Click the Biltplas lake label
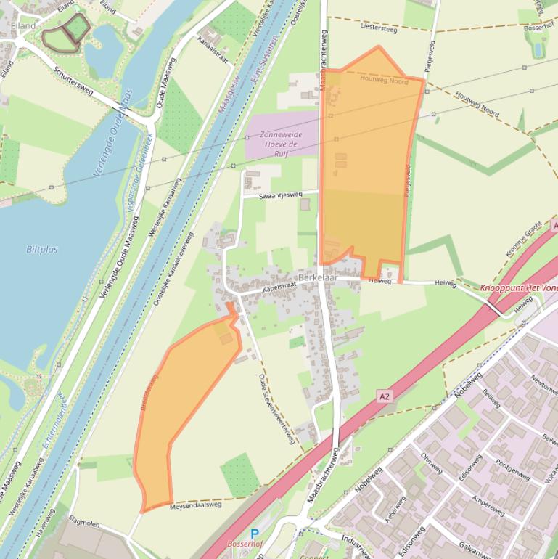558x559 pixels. coord(42,250)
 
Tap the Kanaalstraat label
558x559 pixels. coord(214,48)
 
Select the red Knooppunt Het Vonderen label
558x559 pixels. coord(518,288)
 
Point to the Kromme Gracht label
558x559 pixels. coord(523,240)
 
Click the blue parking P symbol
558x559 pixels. coord(255,534)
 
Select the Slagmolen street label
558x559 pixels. coord(83,523)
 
